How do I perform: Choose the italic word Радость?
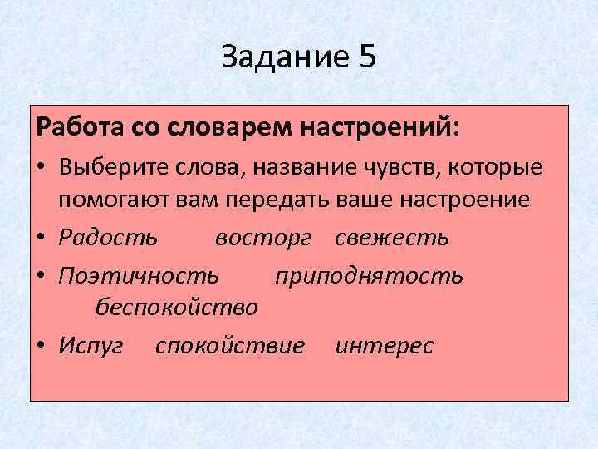(x=108, y=238)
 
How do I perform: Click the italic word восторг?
(x=263, y=238)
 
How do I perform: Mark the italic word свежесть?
(x=392, y=238)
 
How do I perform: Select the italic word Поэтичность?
(x=140, y=274)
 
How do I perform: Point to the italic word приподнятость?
(x=370, y=274)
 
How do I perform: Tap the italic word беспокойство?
(x=176, y=308)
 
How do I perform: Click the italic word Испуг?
(x=91, y=345)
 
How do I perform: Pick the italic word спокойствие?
(x=230, y=345)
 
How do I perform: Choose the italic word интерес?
(x=385, y=345)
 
